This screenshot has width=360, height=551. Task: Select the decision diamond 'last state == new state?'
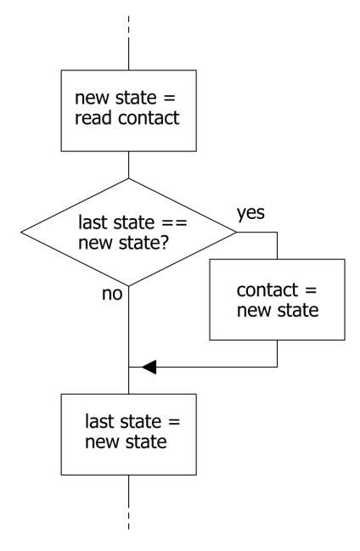pos(128,232)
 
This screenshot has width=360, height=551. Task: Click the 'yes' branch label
pos(251,213)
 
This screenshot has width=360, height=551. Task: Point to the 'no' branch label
pos(113,295)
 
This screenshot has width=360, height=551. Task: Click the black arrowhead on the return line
pos(149,367)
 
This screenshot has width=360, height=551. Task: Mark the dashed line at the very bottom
pos(128,518)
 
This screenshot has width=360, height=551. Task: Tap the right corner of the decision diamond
pos(237,232)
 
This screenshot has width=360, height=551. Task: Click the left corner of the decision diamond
pos(20,232)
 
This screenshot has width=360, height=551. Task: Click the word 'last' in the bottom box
pos(100,422)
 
